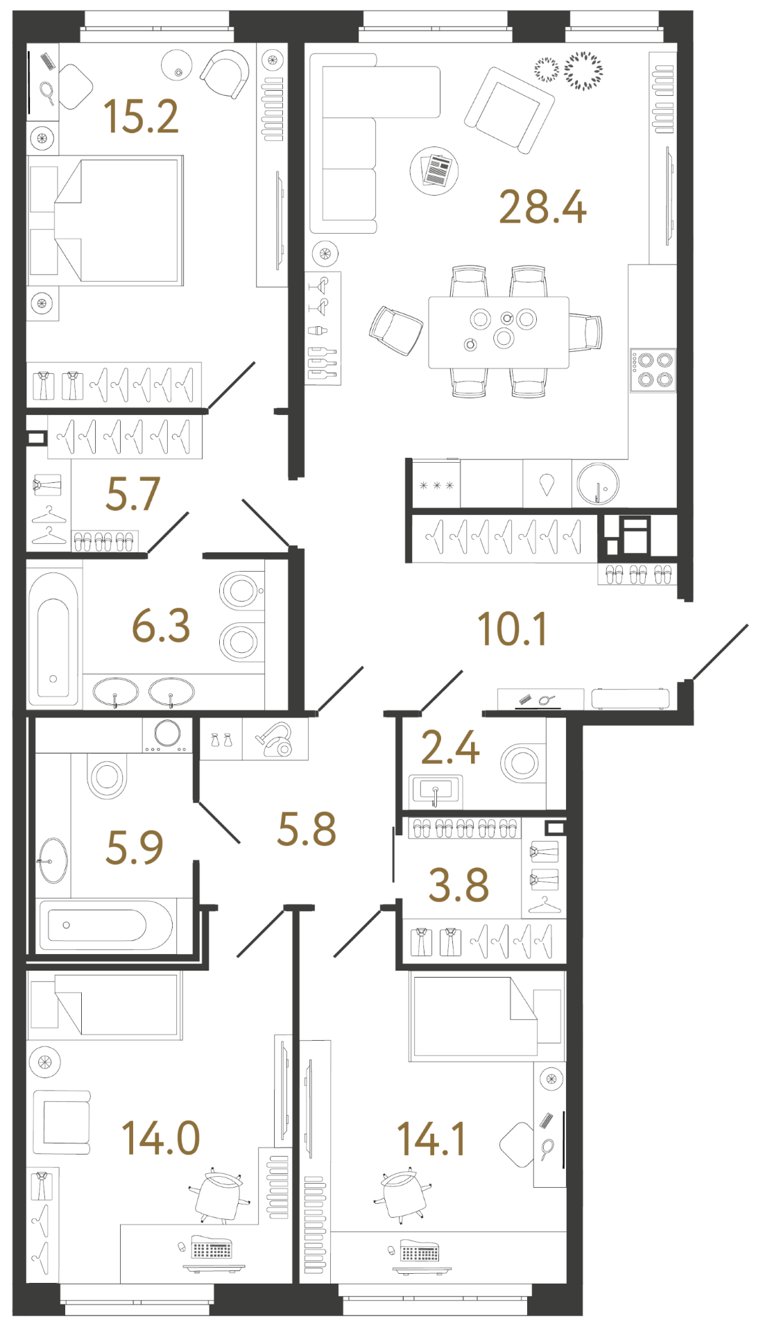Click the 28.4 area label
(x=542, y=207)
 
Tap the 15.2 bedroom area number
(x=141, y=117)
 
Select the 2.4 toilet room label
(x=450, y=748)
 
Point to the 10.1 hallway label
(x=512, y=629)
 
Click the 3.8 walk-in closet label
(x=458, y=885)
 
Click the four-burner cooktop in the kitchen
(x=653, y=370)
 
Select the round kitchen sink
(x=597, y=483)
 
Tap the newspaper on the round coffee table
(x=435, y=170)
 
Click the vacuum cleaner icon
(x=275, y=739)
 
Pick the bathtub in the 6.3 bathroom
(x=53, y=638)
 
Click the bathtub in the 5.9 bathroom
(x=104, y=925)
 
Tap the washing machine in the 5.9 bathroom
(x=167, y=734)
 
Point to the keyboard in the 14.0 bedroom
(x=212, y=1250)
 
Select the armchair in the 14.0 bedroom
(x=62, y=1122)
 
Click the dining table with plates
(x=498, y=332)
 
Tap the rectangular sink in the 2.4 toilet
(x=435, y=790)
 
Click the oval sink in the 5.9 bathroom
(x=53, y=860)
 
